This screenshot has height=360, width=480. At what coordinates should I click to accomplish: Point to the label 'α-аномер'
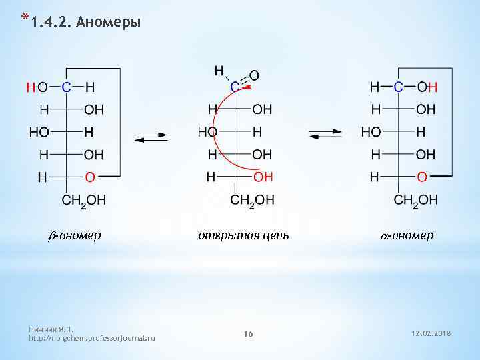pos(407,235)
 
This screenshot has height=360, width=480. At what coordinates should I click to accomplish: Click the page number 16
pos(249,333)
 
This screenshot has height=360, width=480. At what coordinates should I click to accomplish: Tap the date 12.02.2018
pos(432,333)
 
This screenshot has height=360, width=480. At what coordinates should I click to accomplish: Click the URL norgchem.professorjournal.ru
pos(92,339)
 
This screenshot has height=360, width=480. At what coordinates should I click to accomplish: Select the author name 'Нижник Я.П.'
pos(51,329)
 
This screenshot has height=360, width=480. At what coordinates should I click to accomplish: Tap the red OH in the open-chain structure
pos(263,177)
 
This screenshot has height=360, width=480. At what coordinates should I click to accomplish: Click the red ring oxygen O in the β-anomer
pos(89,177)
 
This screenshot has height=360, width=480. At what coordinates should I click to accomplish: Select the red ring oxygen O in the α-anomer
pos(421,177)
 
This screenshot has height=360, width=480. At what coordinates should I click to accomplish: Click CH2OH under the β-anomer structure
pos(83,200)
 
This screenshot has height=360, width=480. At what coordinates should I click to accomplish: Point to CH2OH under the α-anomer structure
pos(416,200)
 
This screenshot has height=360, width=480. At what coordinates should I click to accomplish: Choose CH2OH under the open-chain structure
pos(251,200)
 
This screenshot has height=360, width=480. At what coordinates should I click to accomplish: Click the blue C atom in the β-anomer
pos(66,87)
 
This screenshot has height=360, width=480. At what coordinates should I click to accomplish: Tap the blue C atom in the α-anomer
pos(398,87)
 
